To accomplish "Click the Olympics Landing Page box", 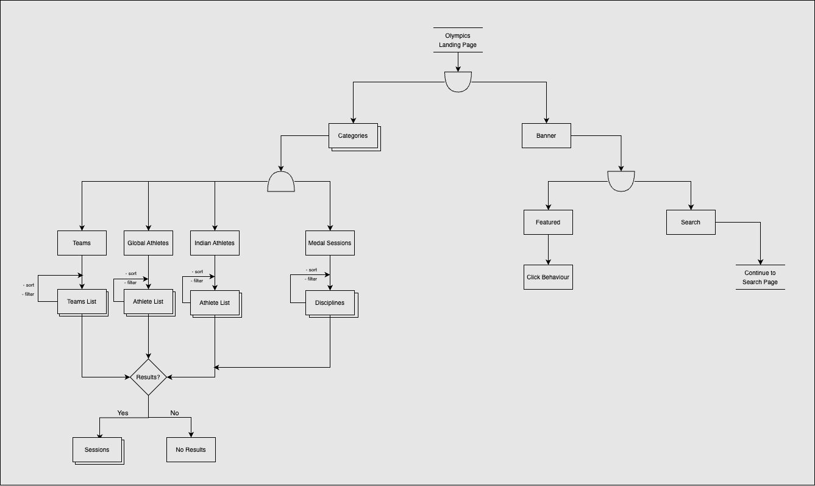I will pos(458,40).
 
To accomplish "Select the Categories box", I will pos(353,136).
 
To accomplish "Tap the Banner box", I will pos(546,136).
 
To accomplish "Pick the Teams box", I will pos(82,243).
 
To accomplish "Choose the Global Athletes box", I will pos(148,243).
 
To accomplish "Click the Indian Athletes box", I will pos(215,243).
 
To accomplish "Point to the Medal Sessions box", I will pos(330,243).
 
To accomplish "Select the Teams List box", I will pos(82,302).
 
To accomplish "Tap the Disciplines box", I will pos(330,303).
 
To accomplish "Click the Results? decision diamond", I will pos(148,377).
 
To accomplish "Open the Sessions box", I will pos(97,450).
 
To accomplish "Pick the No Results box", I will pos(191,450).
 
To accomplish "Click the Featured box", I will pos(548,223).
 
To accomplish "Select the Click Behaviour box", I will pos(548,277).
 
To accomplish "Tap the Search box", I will pos(691,223).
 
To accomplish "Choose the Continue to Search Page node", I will pos(760,277).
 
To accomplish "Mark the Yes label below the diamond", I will pos(123,413).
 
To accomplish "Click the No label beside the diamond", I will pos(175,413).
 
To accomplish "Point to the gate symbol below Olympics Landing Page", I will pos(458,81).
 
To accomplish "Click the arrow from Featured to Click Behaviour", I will pos(548,249).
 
